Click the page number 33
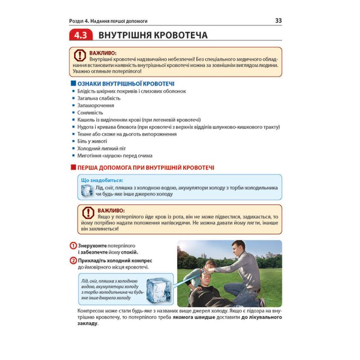coord(278,21)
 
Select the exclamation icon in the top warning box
coord(79,56)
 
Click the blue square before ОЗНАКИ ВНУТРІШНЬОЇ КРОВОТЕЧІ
coord(74,84)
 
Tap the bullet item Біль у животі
coord(89,141)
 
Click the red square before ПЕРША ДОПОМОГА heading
coord(74,167)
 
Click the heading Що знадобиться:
coord(101,180)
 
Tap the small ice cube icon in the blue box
coord(86,190)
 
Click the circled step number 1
coord(73,246)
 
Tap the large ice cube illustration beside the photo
coord(160,289)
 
